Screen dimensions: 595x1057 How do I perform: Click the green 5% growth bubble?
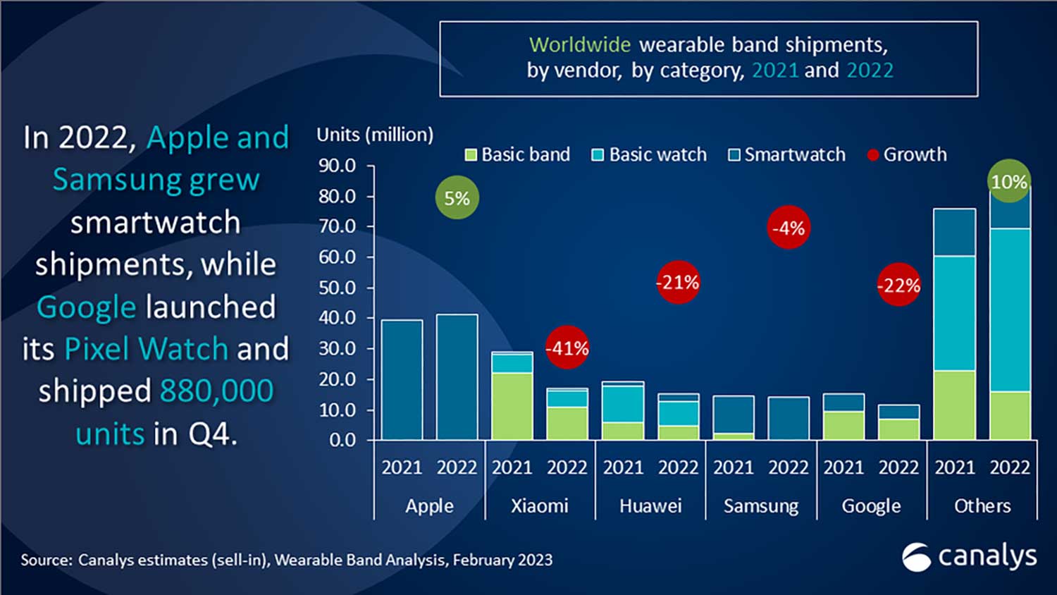(457, 198)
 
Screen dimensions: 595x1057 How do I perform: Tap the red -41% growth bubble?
(567, 348)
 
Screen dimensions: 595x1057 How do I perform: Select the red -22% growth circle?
(898, 286)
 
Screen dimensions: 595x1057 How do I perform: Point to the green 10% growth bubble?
(1009, 181)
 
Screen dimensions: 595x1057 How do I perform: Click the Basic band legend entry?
(518, 154)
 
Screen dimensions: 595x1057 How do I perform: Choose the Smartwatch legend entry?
(787, 154)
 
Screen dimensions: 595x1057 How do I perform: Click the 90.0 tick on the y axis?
(338, 166)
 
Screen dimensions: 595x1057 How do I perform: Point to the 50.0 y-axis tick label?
(338, 288)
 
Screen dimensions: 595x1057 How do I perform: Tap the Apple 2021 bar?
(402, 381)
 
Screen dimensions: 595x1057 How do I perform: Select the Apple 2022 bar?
(457, 377)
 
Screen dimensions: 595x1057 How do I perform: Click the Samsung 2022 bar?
(789, 419)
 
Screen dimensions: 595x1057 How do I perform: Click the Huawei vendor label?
(650, 506)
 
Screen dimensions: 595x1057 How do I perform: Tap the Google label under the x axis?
(871, 506)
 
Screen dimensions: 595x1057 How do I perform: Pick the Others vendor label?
(982, 506)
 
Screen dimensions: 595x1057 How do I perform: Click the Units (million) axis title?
(375, 135)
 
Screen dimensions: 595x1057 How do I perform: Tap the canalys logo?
(970, 557)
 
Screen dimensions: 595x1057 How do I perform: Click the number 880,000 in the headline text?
(216, 391)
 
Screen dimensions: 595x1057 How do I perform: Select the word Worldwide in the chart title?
(579, 44)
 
